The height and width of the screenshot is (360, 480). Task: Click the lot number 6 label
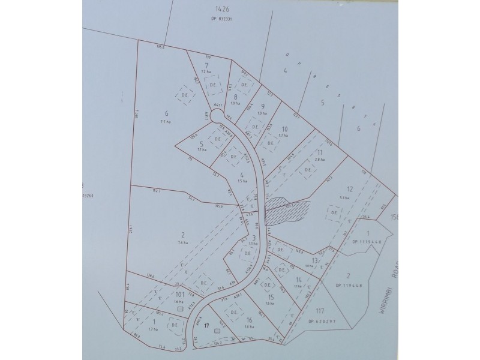point(166,113)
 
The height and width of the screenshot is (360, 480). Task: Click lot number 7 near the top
point(206,65)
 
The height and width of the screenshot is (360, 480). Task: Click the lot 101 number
point(179,295)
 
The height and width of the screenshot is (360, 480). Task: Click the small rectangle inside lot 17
point(217,331)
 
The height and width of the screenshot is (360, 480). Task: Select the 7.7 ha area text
point(166,122)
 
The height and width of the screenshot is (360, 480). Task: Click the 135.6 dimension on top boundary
point(160,46)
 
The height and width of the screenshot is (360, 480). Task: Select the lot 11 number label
point(319,152)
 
